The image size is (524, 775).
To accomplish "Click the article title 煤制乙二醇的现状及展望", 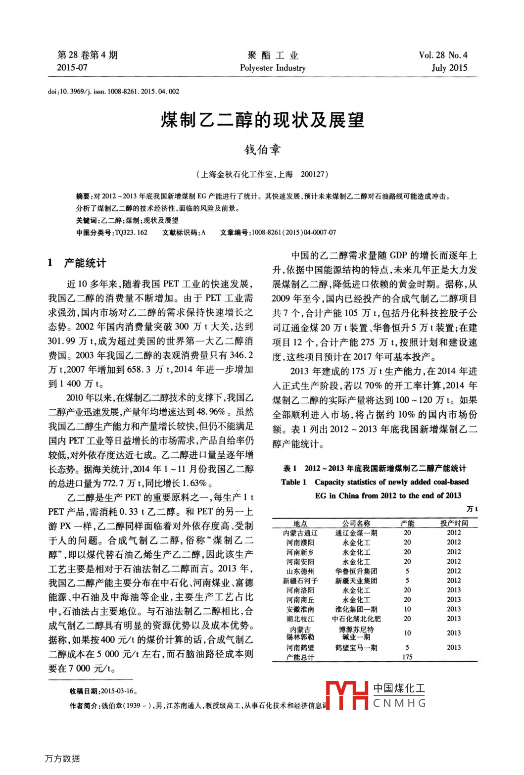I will click(262, 120).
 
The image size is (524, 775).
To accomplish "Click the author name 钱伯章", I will click(262, 149).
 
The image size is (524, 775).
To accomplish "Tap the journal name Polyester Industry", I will click(273, 68).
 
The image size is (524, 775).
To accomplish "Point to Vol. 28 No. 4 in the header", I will click(443, 55).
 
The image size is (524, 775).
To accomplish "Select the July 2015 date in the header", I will click(449, 68).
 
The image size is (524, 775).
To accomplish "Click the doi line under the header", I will click(113, 92).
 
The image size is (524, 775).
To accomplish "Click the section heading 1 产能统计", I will click(77, 263).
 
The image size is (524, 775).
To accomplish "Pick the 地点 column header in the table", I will click(300, 523).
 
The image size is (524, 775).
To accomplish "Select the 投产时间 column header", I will click(454, 523).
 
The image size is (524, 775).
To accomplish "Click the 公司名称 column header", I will click(356, 523).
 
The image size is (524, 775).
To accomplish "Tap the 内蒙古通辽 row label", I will click(300, 533).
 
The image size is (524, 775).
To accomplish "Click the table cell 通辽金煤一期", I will click(356, 533).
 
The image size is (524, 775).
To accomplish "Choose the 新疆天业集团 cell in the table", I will click(356, 581).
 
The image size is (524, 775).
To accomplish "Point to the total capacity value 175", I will click(407, 657).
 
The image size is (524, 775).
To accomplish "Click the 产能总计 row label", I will click(300, 657).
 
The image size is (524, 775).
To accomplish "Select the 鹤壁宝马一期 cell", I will click(356, 647).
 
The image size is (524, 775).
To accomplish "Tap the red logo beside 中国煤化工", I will click(347, 695).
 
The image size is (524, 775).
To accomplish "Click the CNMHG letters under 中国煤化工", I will click(399, 703).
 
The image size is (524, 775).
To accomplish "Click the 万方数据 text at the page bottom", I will click(62, 758).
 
